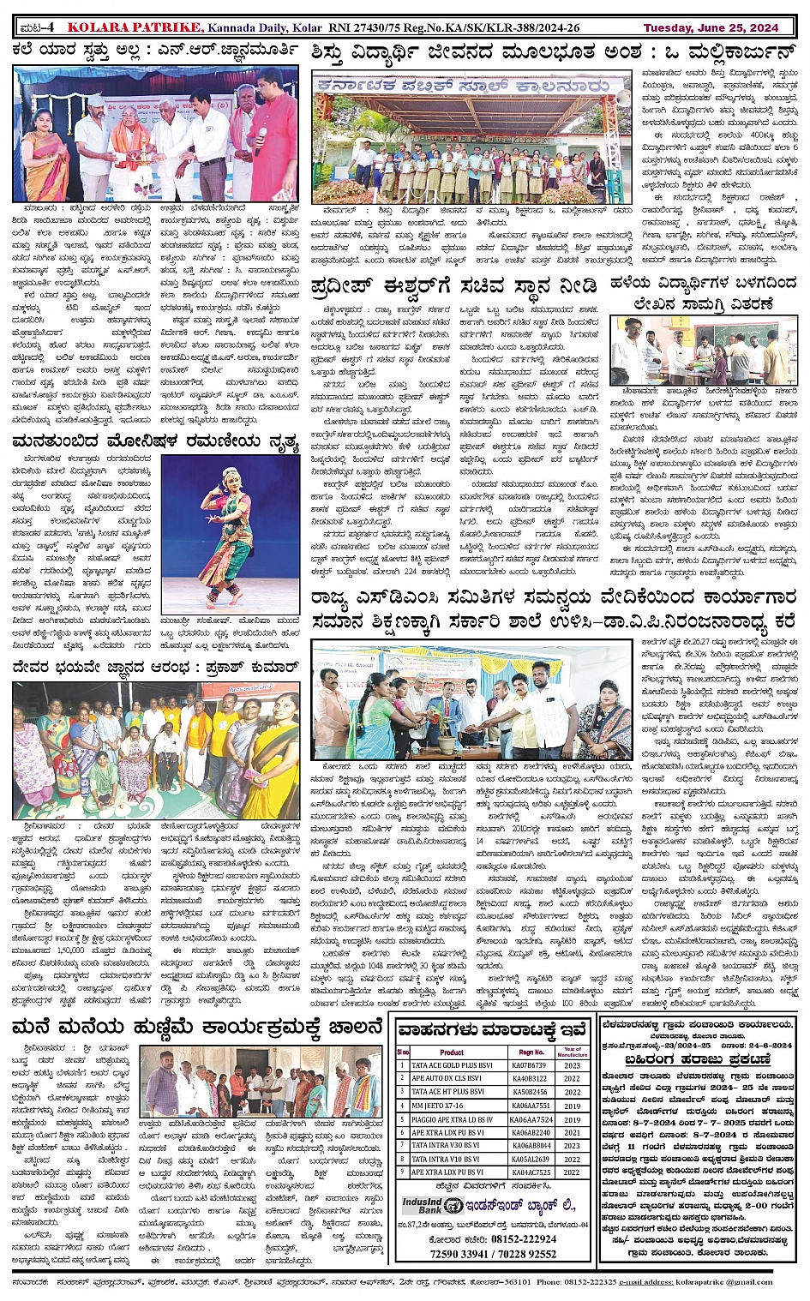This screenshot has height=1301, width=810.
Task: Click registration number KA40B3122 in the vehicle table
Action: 530,1078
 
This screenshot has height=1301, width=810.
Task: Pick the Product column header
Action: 452,1052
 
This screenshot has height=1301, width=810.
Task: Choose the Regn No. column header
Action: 531,1052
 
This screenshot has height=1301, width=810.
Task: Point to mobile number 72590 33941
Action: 460,1253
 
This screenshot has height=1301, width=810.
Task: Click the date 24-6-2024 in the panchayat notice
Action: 768,1045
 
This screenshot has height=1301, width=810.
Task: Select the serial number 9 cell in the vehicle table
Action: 403,1172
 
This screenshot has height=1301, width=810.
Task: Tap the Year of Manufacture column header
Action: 572,1052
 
